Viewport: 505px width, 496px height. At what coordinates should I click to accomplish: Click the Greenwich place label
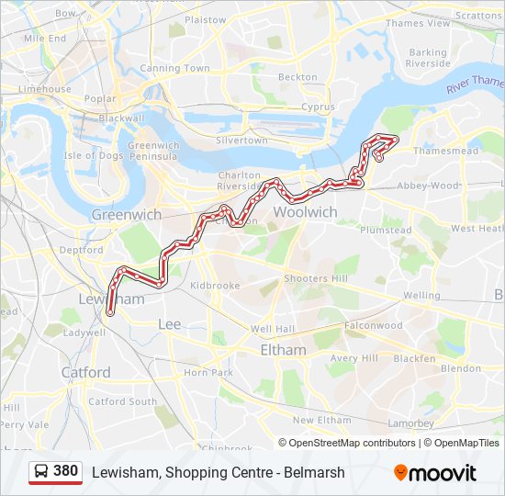[127, 214]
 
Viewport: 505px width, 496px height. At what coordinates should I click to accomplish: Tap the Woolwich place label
[306, 212]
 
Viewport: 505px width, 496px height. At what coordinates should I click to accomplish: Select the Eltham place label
[283, 350]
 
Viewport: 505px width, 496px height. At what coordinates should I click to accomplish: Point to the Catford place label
[85, 372]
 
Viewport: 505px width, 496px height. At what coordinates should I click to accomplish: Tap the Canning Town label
[174, 68]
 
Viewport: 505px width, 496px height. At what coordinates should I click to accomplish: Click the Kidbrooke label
[215, 286]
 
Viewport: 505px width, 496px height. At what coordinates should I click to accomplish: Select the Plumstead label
[386, 231]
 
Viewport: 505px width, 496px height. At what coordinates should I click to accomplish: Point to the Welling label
[422, 296]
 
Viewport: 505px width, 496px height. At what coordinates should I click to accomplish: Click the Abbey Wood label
[428, 185]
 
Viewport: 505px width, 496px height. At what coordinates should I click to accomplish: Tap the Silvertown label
[241, 141]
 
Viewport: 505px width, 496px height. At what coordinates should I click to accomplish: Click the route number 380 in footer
[65, 471]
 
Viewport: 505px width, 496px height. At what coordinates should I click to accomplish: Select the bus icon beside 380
[41, 471]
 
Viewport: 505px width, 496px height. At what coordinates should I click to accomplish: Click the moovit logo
[435, 473]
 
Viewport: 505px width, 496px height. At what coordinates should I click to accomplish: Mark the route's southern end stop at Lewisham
[110, 312]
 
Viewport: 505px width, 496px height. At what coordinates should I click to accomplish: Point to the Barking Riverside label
[428, 58]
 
